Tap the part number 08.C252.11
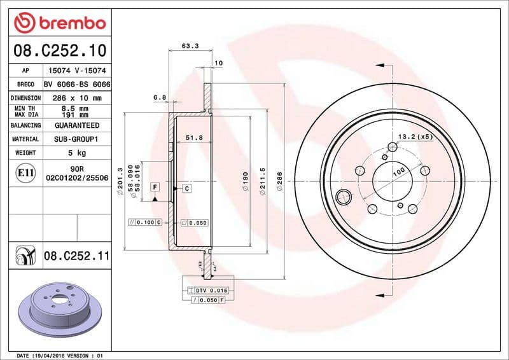(x=77, y=256)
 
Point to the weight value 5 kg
(x=77, y=153)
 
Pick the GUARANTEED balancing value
(x=77, y=125)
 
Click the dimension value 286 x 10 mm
(x=77, y=98)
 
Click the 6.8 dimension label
(x=160, y=97)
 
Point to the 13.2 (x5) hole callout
(x=415, y=137)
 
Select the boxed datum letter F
(x=154, y=187)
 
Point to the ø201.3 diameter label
(x=120, y=181)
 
